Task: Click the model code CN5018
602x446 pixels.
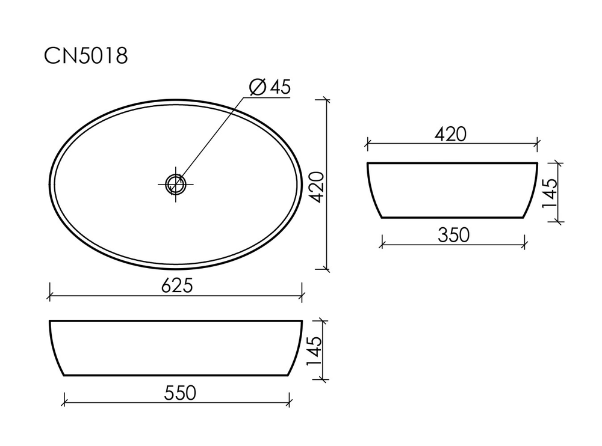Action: point(86,56)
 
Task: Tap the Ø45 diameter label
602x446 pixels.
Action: point(270,87)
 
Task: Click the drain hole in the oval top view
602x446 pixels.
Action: point(175,183)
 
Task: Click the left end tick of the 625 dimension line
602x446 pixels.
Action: point(49,296)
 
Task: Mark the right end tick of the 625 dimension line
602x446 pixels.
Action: point(301,296)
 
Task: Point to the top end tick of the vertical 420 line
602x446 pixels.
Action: point(326,100)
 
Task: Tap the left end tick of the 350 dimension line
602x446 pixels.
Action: point(382,245)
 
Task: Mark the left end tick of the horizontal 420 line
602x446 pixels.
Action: point(367,144)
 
